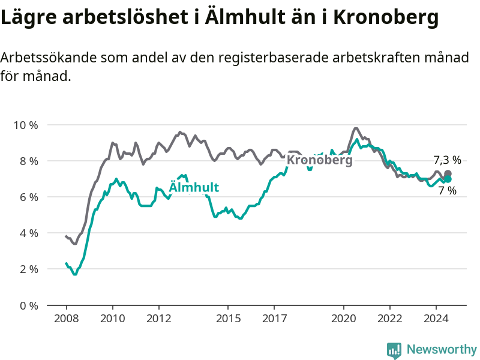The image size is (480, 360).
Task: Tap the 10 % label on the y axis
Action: click(26, 125)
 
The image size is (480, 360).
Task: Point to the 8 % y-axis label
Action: click(29, 161)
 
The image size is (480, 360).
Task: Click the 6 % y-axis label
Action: click(29, 197)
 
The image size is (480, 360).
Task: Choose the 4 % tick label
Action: click(29, 233)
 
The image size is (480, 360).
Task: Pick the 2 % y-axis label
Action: click(29, 269)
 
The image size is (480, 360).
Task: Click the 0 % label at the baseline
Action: click(29, 306)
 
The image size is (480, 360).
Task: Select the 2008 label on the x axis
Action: click(67, 319)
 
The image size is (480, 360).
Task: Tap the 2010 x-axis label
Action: click(113, 319)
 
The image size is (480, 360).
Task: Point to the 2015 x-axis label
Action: click(228, 319)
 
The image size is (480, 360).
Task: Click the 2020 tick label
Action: click(343, 319)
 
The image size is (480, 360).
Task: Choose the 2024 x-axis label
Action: click(436, 319)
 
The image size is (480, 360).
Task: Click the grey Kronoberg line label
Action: click(320, 160)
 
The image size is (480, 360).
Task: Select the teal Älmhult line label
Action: click(194, 187)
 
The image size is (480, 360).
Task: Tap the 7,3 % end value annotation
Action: click(447, 160)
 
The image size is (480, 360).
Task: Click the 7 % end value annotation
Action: click(447, 191)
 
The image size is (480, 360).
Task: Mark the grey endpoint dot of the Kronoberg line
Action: click(448, 173)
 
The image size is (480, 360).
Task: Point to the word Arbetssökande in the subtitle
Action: click(49, 57)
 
